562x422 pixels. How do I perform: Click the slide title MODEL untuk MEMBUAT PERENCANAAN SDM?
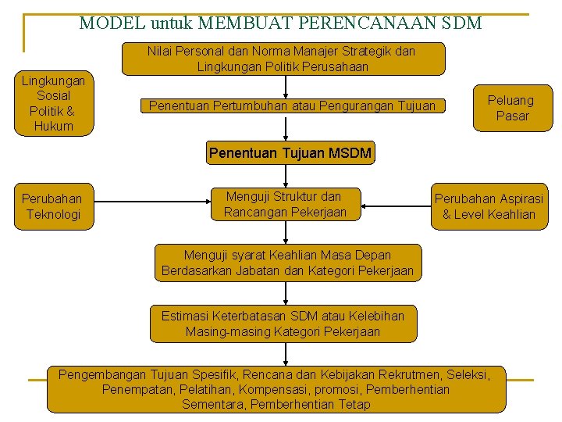[280, 23]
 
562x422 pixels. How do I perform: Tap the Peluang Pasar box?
[510, 108]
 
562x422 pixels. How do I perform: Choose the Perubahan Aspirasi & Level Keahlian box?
[489, 206]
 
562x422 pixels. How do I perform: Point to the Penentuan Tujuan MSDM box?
[290, 153]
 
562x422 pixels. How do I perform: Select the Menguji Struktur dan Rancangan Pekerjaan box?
[285, 204]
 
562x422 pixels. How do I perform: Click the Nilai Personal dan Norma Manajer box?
[283, 59]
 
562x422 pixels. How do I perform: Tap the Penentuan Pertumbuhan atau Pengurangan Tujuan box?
[292, 105]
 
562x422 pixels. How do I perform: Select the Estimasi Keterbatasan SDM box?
[283, 324]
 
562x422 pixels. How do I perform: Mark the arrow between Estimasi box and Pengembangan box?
[286, 353]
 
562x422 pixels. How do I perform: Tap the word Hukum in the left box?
[54, 127]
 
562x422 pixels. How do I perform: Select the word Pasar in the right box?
[512, 116]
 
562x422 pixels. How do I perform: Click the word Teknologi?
[52, 214]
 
